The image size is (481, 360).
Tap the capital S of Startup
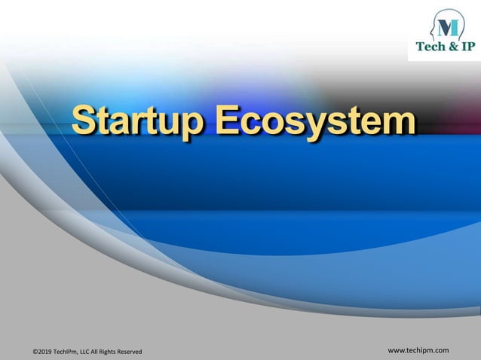coord(85,121)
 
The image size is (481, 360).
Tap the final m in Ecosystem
coord(398,124)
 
